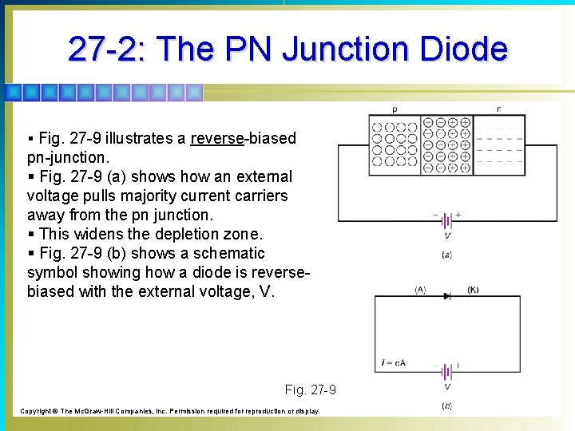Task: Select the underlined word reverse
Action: pos(217,139)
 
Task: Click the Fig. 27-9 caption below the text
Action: pos(310,390)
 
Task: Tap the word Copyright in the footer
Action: pos(34,411)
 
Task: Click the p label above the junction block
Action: pos(394,109)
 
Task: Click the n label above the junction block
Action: pos(499,109)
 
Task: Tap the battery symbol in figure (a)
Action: pos(447,220)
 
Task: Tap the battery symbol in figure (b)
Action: pos(447,371)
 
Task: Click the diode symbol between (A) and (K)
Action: pos(447,296)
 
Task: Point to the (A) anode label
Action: pos(420,290)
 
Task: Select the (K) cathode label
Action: pos(474,290)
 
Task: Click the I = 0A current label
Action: pos(393,363)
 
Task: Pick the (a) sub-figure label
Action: pos(447,255)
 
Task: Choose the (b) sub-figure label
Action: pos(447,406)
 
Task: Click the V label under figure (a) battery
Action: pos(447,236)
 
